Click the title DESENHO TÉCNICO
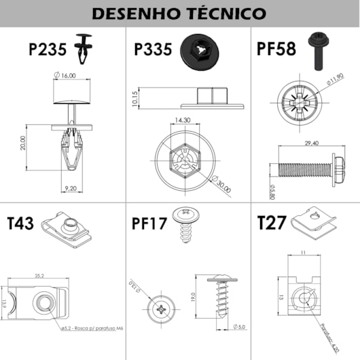179,13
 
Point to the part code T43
20,225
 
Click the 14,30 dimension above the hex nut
182,120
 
